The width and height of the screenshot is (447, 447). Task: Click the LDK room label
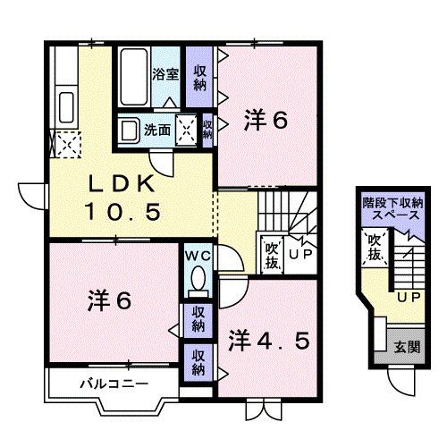pos(123,185)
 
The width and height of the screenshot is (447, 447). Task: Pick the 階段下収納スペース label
pos(393,210)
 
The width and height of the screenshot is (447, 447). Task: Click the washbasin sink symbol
pos(128,131)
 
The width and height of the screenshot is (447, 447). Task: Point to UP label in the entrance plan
pos(409,297)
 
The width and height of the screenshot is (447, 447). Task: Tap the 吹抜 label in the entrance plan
pos(375,248)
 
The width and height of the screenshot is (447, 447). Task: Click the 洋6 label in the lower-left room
pos(109,300)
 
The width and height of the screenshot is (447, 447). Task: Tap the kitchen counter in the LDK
pos(64,98)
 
